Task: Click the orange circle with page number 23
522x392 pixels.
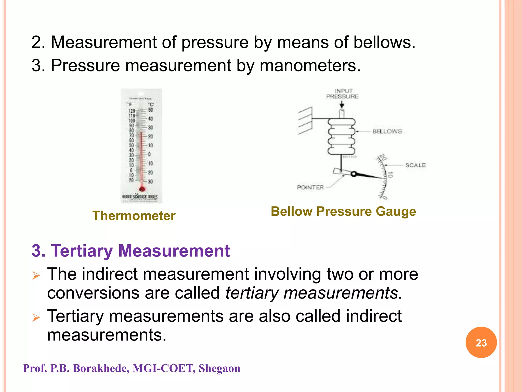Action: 481,342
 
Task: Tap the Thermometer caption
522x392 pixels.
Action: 134,216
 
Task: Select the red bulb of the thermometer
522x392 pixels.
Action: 142,189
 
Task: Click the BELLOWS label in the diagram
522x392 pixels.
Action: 387,131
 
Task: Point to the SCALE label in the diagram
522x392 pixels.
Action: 415,165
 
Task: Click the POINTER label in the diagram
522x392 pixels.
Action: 310,187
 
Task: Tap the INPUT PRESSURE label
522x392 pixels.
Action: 343,94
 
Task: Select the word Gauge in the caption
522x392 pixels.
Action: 396,212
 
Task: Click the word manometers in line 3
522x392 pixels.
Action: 310,66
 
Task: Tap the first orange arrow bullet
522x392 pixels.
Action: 36,276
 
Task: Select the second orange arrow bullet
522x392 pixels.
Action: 36,317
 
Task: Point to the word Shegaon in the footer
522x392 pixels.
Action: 219,368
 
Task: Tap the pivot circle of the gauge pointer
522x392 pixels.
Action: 353,174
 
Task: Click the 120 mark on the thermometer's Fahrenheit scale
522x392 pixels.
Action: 132,111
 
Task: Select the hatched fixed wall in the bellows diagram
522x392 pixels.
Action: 305,120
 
